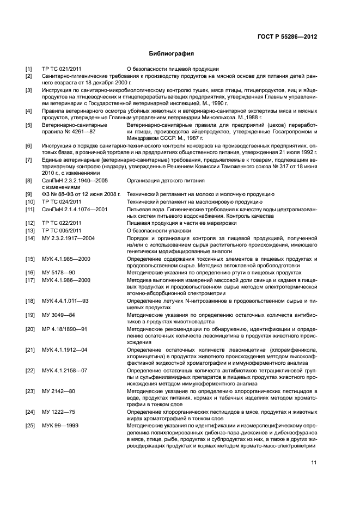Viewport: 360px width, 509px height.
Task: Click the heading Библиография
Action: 172,54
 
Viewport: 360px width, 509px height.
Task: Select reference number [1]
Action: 29,69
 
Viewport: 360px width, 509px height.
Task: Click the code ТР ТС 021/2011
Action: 62,69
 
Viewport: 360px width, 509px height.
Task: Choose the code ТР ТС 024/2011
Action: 62,201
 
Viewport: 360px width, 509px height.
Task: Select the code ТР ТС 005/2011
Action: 62,231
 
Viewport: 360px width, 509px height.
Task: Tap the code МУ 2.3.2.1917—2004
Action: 69,238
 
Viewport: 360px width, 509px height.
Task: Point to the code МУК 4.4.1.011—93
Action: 65,301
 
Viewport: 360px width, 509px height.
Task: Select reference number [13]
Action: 30,231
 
